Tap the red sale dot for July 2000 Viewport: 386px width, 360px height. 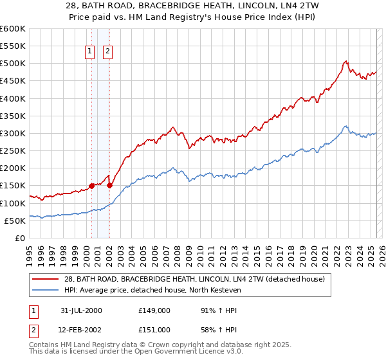pyautogui.click(x=91, y=186)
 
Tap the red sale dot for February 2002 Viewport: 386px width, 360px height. pyautogui.click(x=109, y=185)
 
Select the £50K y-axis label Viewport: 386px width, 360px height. pyautogui.click(x=15, y=221)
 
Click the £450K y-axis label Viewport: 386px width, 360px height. pyautogui.click(x=13, y=81)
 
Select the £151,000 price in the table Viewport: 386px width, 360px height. pyautogui.click(x=154, y=330)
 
